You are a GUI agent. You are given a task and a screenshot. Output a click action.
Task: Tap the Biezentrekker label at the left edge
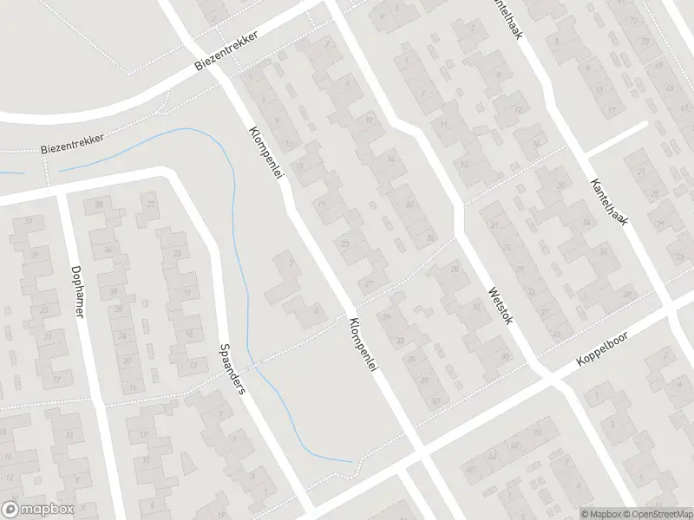[x=73, y=144]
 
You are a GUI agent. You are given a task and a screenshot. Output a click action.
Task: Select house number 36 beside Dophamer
[x=99, y=205]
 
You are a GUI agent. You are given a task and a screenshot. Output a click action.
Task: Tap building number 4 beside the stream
[x=316, y=309]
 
